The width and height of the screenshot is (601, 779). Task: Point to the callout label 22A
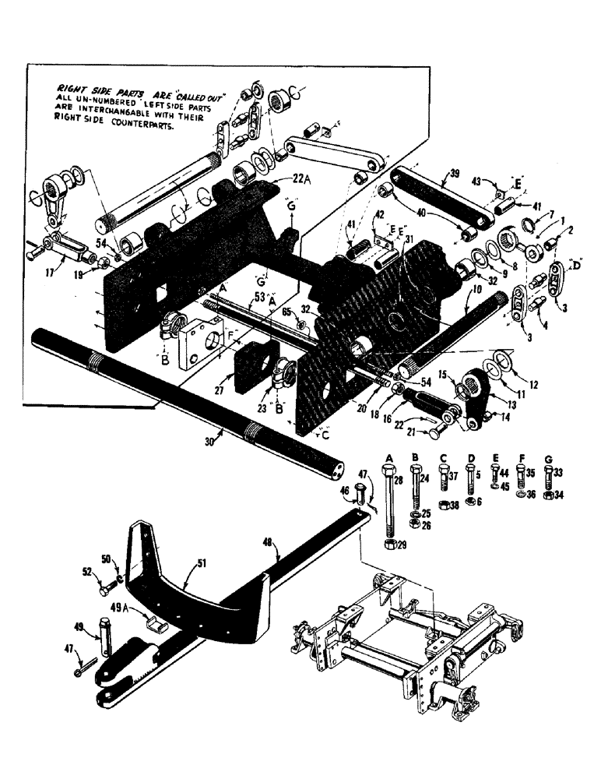click(281, 180)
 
